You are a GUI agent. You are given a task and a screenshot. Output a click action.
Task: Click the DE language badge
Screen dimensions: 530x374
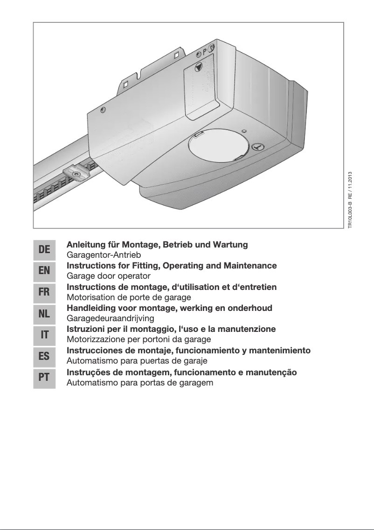pos(44,250)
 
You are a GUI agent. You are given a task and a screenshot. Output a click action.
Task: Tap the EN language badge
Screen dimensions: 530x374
pos(44,271)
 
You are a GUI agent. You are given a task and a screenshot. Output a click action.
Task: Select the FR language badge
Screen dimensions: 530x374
pos(44,292)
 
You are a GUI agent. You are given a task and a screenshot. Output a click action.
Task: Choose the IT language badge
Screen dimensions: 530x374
pos(44,335)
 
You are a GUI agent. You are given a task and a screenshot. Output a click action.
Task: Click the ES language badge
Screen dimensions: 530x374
pos(44,356)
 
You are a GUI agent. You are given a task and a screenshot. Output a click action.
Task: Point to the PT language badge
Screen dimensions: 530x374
pos(44,378)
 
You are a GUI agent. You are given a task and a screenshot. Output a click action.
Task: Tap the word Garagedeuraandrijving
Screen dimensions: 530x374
pos(111,319)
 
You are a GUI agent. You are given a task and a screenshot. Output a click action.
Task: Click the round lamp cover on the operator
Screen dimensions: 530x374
pos(216,146)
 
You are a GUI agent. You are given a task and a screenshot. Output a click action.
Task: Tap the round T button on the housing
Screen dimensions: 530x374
pos(257,147)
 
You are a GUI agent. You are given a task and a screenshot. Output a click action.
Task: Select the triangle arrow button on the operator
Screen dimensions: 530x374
pos(199,67)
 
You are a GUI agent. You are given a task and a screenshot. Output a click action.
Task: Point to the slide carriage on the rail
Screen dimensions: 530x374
pos(77,174)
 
